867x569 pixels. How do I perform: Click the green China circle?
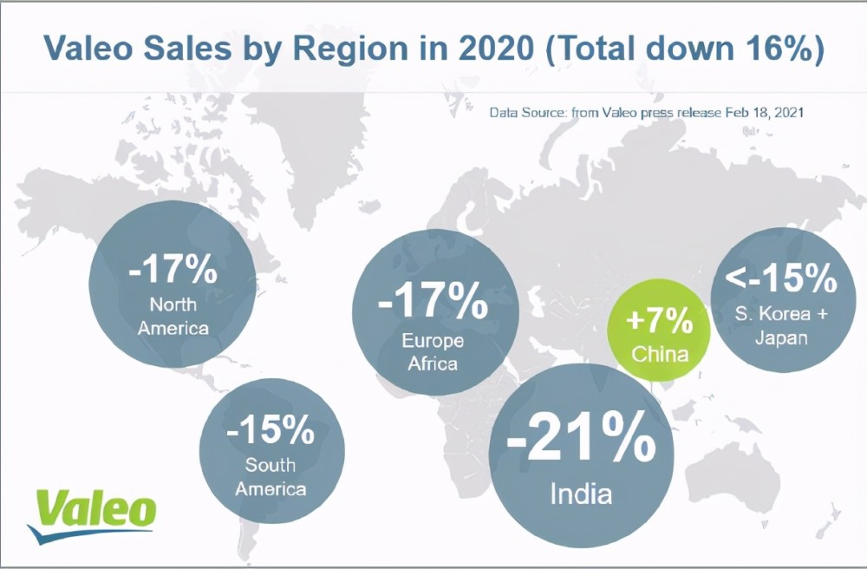658,333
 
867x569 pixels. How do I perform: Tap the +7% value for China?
659,322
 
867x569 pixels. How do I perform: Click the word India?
581,494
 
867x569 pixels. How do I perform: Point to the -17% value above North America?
173,271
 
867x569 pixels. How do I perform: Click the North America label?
173,317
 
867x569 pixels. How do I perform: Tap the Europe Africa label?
433,351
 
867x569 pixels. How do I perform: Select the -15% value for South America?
271,428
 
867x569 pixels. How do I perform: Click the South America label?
271,477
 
